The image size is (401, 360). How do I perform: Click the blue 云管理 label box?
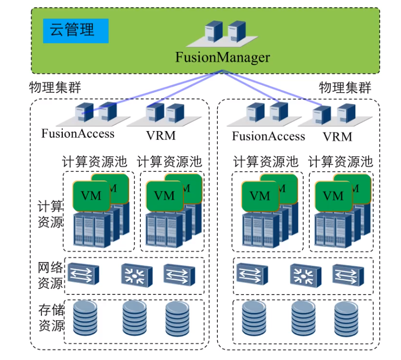tap(75, 30)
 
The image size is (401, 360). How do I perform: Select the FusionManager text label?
tap(222, 57)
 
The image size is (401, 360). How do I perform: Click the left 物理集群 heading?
tap(55, 87)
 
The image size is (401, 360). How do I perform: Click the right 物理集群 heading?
tap(345, 87)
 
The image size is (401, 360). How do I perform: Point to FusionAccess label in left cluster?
tap(78, 133)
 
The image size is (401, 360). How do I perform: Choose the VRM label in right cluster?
tap(338, 137)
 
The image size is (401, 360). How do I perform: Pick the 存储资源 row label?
tap(50, 318)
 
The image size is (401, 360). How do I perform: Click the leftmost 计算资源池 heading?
tap(94, 161)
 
